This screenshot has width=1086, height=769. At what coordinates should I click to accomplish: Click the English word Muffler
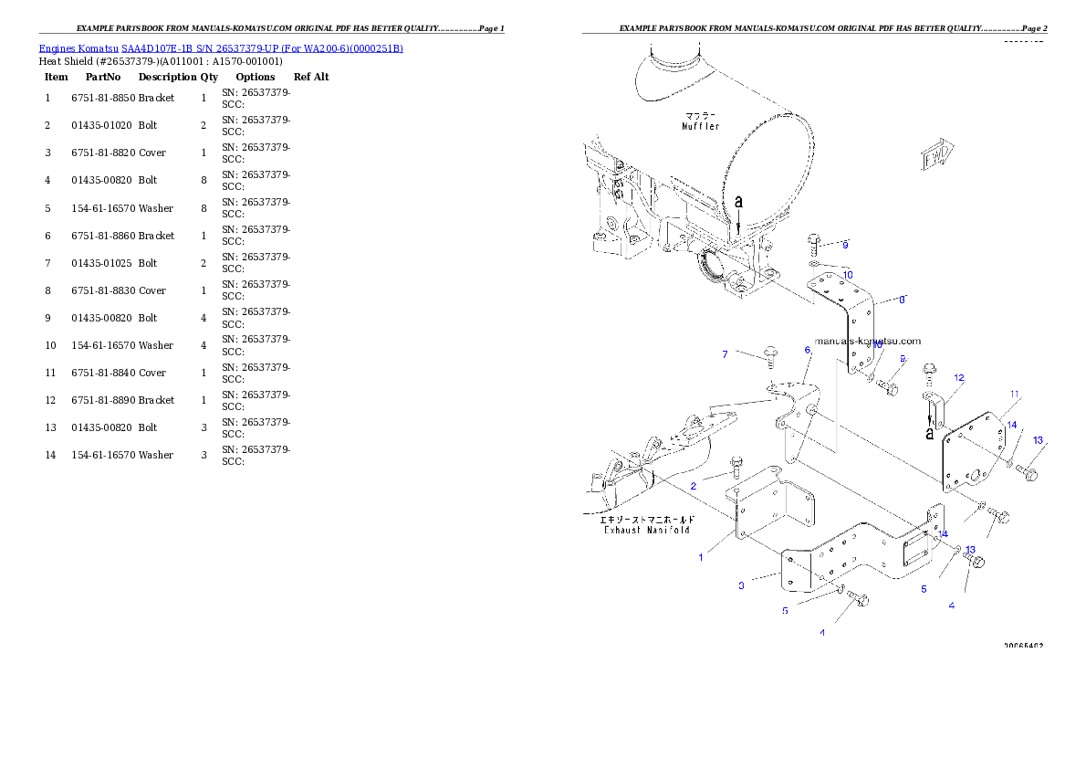701,127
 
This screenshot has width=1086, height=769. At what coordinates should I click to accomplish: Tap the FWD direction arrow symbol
936,157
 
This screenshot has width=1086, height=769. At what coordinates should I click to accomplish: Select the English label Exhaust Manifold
646,530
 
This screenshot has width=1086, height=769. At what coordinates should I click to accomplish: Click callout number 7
726,354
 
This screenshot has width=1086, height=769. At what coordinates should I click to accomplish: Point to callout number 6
808,350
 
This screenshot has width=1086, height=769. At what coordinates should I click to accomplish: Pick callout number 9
845,245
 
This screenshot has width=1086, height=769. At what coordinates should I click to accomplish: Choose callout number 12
959,377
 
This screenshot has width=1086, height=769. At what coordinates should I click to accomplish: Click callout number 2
694,486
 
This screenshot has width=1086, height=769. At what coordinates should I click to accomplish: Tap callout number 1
701,557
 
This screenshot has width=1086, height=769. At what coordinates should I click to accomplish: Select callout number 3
741,585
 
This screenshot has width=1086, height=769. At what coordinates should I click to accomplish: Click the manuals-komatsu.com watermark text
868,341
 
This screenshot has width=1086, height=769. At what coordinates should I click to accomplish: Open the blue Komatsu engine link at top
221,47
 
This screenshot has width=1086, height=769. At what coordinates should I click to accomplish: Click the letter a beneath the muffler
738,201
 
